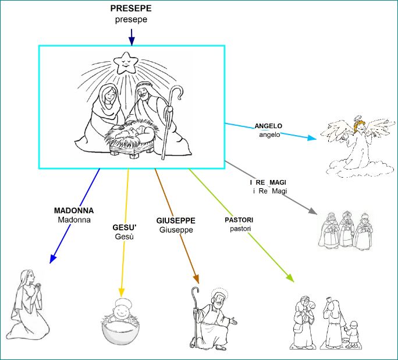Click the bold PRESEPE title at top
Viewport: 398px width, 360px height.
[x=131, y=9]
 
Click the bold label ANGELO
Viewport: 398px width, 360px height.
[x=268, y=126]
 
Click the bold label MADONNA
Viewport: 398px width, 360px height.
[x=74, y=210]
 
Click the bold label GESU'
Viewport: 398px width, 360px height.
[x=125, y=227]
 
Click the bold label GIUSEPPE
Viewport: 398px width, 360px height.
[x=176, y=221]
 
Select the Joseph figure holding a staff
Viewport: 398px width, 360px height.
[x=208, y=317]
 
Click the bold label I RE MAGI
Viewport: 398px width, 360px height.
[x=269, y=183]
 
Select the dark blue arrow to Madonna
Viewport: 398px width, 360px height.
[x=74, y=216]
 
